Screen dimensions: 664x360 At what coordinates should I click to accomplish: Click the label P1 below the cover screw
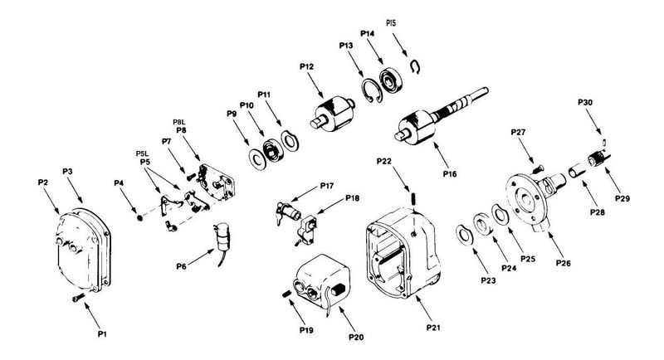[102, 333]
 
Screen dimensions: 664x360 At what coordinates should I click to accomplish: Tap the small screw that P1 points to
[78, 298]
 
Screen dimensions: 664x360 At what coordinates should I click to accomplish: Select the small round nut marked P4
[139, 218]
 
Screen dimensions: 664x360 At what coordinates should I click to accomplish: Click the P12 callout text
[306, 66]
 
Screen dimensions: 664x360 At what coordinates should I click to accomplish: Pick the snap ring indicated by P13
[372, 90]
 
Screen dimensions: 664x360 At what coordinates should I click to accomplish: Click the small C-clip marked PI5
[416, 66]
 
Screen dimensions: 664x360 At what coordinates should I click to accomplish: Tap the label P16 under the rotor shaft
[450, 173]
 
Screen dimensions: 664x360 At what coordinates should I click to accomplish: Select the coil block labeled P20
[323, 278]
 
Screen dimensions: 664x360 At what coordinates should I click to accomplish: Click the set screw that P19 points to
[286, 293]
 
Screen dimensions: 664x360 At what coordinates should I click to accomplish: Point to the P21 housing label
[433, 328]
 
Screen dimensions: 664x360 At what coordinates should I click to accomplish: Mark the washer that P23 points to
[463, 235]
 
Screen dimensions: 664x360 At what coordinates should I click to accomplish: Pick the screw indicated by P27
[537, 169]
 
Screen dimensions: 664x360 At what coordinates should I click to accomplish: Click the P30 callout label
[585, 102]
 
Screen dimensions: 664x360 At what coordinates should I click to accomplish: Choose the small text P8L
[179, 122]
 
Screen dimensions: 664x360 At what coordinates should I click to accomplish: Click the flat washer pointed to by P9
[257, 158]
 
